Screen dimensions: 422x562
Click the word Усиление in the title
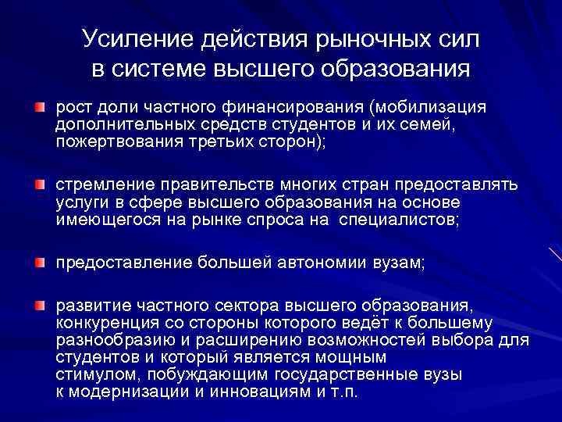[x=133, y=38]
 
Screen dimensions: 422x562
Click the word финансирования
[x=301, y=108]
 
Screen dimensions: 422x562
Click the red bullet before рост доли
[x=39, y=105]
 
